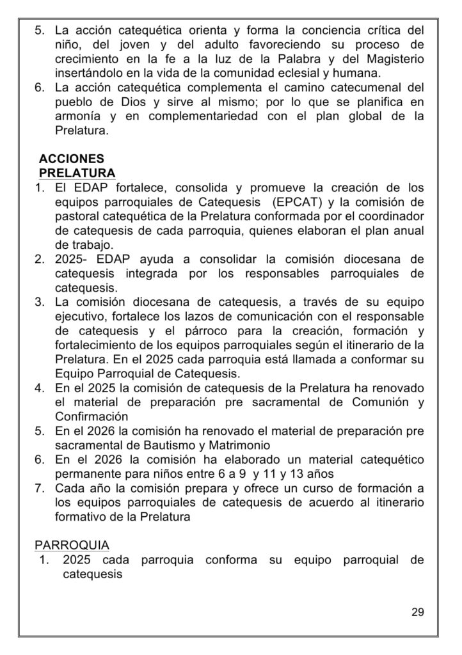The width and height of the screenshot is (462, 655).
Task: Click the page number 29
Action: (x=417, y=612)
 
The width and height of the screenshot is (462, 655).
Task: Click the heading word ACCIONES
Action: (x=71, y=158)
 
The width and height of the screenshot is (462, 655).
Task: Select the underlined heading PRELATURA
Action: (x=77, y=173)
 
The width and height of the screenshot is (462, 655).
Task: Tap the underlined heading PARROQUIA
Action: (x=72, y=544)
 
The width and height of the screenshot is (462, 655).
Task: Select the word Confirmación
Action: (x=88, y=416)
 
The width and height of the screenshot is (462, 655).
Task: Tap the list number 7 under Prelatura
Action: (x=39, y=489)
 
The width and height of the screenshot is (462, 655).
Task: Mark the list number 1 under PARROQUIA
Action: (x=44, y=560)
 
